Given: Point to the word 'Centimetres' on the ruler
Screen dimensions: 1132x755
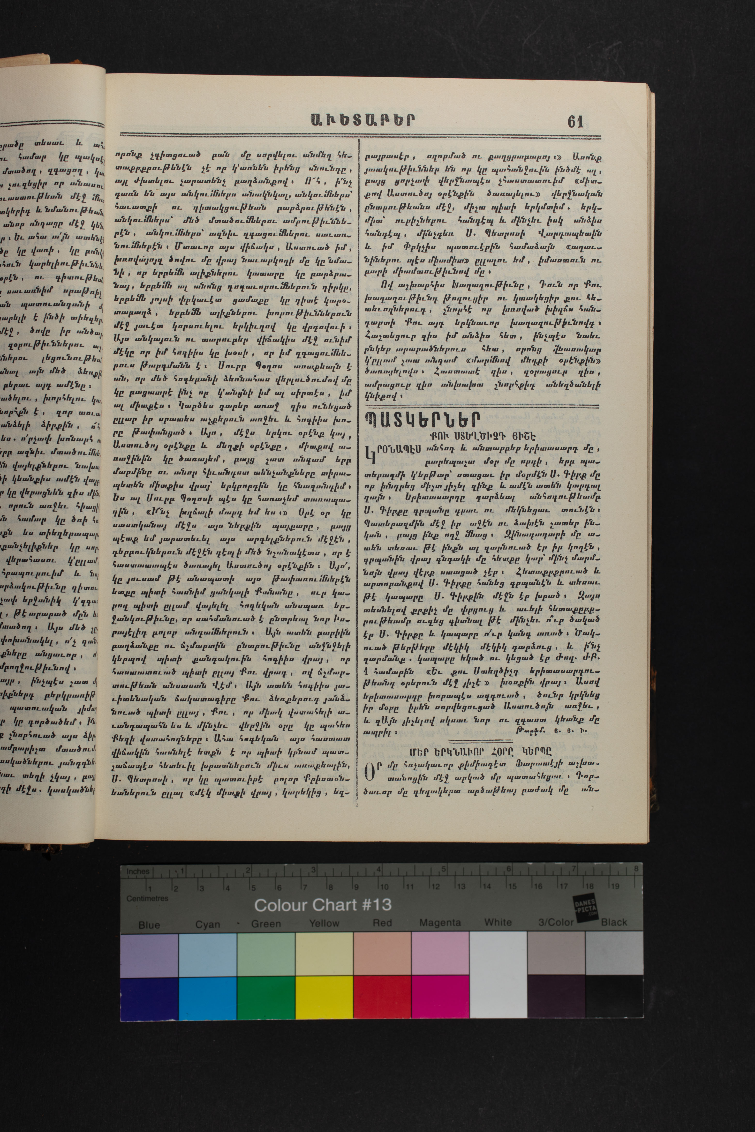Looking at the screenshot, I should [x=147, y=898].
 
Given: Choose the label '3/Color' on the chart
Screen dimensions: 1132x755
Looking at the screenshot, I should [x=556, y=922].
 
